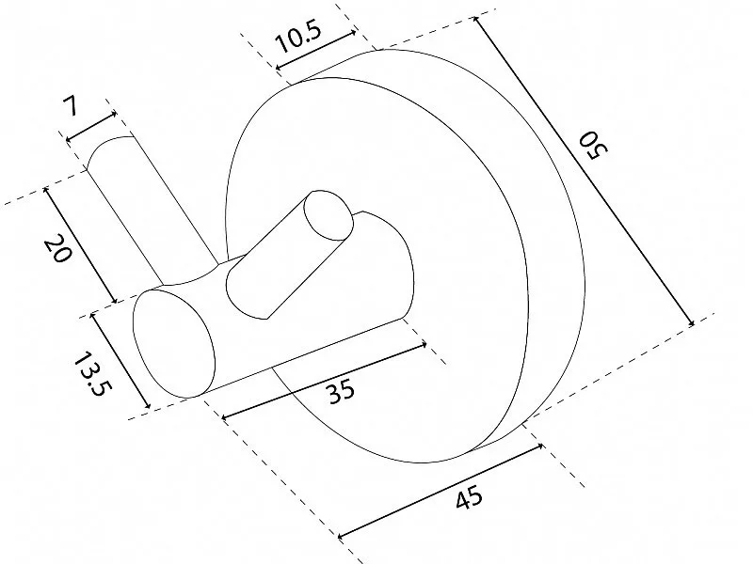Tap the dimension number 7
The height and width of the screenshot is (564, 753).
tap(70, 105)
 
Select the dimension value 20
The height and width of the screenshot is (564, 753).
tap(57, 248)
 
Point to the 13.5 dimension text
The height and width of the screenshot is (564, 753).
tap(90, 374)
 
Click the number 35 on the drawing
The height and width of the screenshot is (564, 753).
tap(342, 391)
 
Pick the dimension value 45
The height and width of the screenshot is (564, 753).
tap(468, 497)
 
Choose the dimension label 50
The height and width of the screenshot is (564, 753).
tap(593, 147)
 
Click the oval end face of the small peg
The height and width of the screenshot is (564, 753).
tap(328, 215)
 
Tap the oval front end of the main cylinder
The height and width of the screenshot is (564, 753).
tap(173, 343)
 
